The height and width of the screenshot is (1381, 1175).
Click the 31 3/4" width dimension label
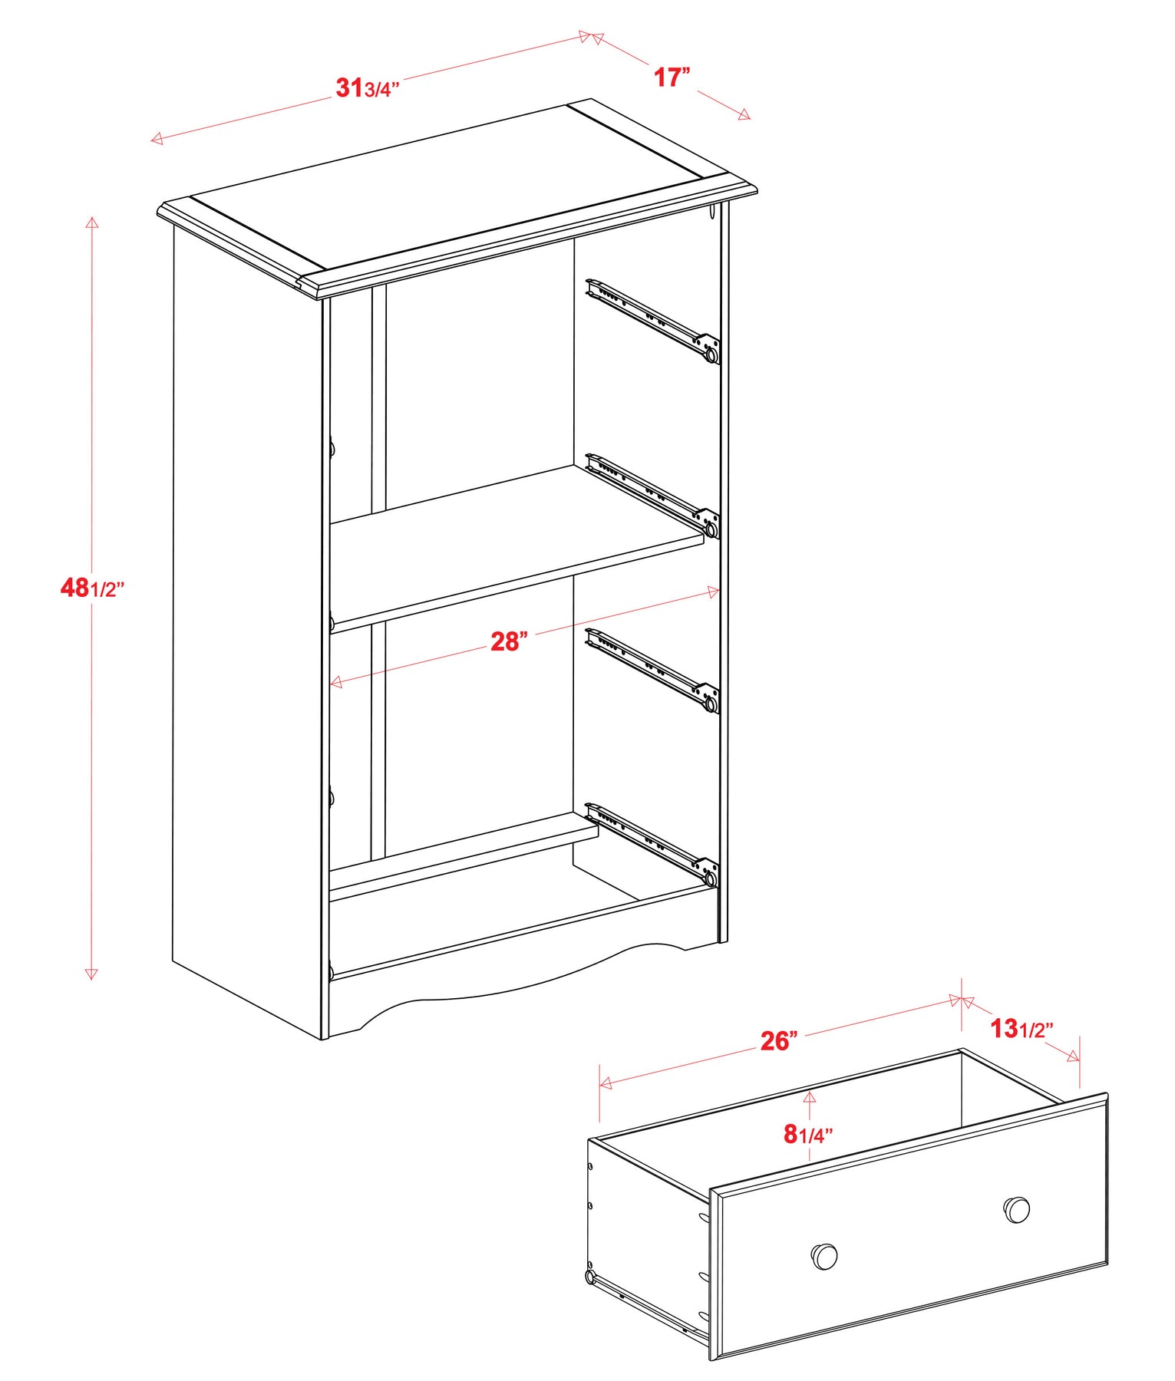pos(368,88)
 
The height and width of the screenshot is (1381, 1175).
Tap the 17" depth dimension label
pos(672,77)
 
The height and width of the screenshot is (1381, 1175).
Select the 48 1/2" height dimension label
pos(92,588)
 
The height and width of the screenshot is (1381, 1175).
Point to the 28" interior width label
pos(510,641)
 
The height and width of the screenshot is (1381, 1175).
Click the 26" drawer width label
pos(779,1041)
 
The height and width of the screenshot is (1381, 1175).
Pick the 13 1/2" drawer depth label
pos(1022,1029)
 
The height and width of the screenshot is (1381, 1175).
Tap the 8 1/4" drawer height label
pos(808,1134)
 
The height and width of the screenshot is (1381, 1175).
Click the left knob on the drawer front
pos(824,1256)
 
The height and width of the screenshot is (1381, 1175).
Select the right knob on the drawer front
pos(1017,1210)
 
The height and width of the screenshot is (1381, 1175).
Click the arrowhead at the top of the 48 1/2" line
pos(92,223)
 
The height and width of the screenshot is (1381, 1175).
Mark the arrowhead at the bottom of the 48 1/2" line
pos(91,974)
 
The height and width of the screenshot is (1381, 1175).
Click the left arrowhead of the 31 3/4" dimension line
pos(157,138)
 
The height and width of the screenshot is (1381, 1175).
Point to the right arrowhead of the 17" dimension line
pos(744,115)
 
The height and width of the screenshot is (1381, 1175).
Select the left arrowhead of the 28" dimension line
pos(337,682)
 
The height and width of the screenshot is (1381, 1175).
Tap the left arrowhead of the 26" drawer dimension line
pos(606,1083)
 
